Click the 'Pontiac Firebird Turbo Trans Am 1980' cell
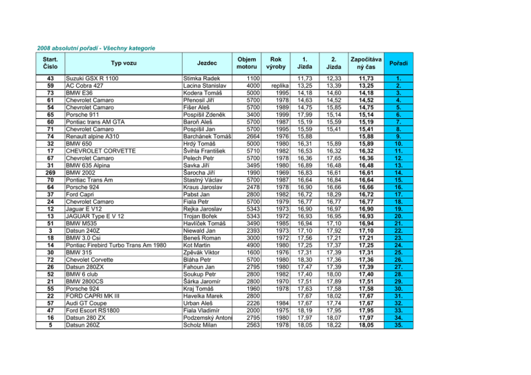point(115,244)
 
